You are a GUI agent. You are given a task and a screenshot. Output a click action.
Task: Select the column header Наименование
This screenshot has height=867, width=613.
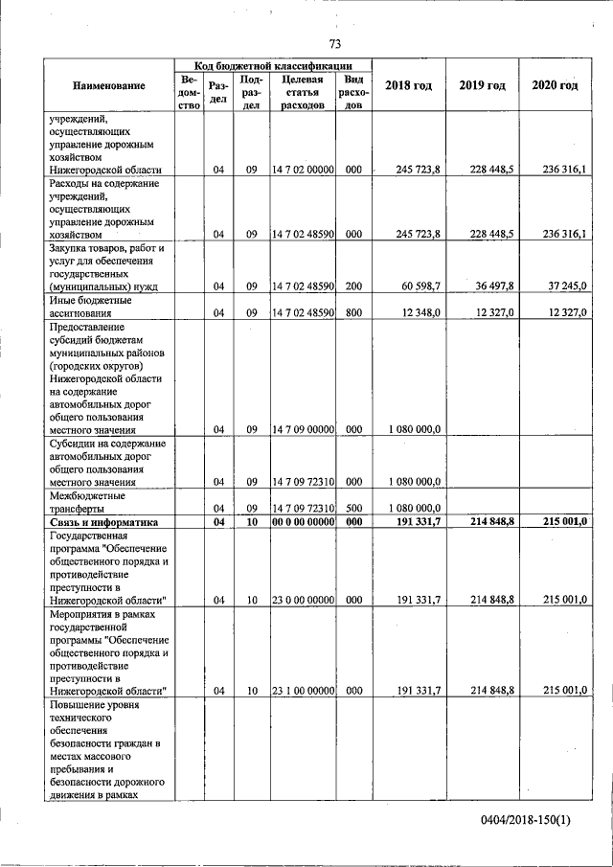click(109, 86)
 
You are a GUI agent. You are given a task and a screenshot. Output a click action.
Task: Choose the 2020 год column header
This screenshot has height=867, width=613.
click(555, 86)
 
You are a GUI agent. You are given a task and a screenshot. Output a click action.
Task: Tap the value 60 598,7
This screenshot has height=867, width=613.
click(419, 286)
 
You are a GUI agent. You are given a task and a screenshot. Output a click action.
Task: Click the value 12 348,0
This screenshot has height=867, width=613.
click(420, 313)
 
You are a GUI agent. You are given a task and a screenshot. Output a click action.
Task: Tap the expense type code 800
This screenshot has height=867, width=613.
click(353, 313)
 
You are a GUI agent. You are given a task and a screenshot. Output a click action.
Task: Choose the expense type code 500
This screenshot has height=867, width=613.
click(353, 509)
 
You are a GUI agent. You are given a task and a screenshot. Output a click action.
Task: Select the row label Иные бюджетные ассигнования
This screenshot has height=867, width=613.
click(90, 307)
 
